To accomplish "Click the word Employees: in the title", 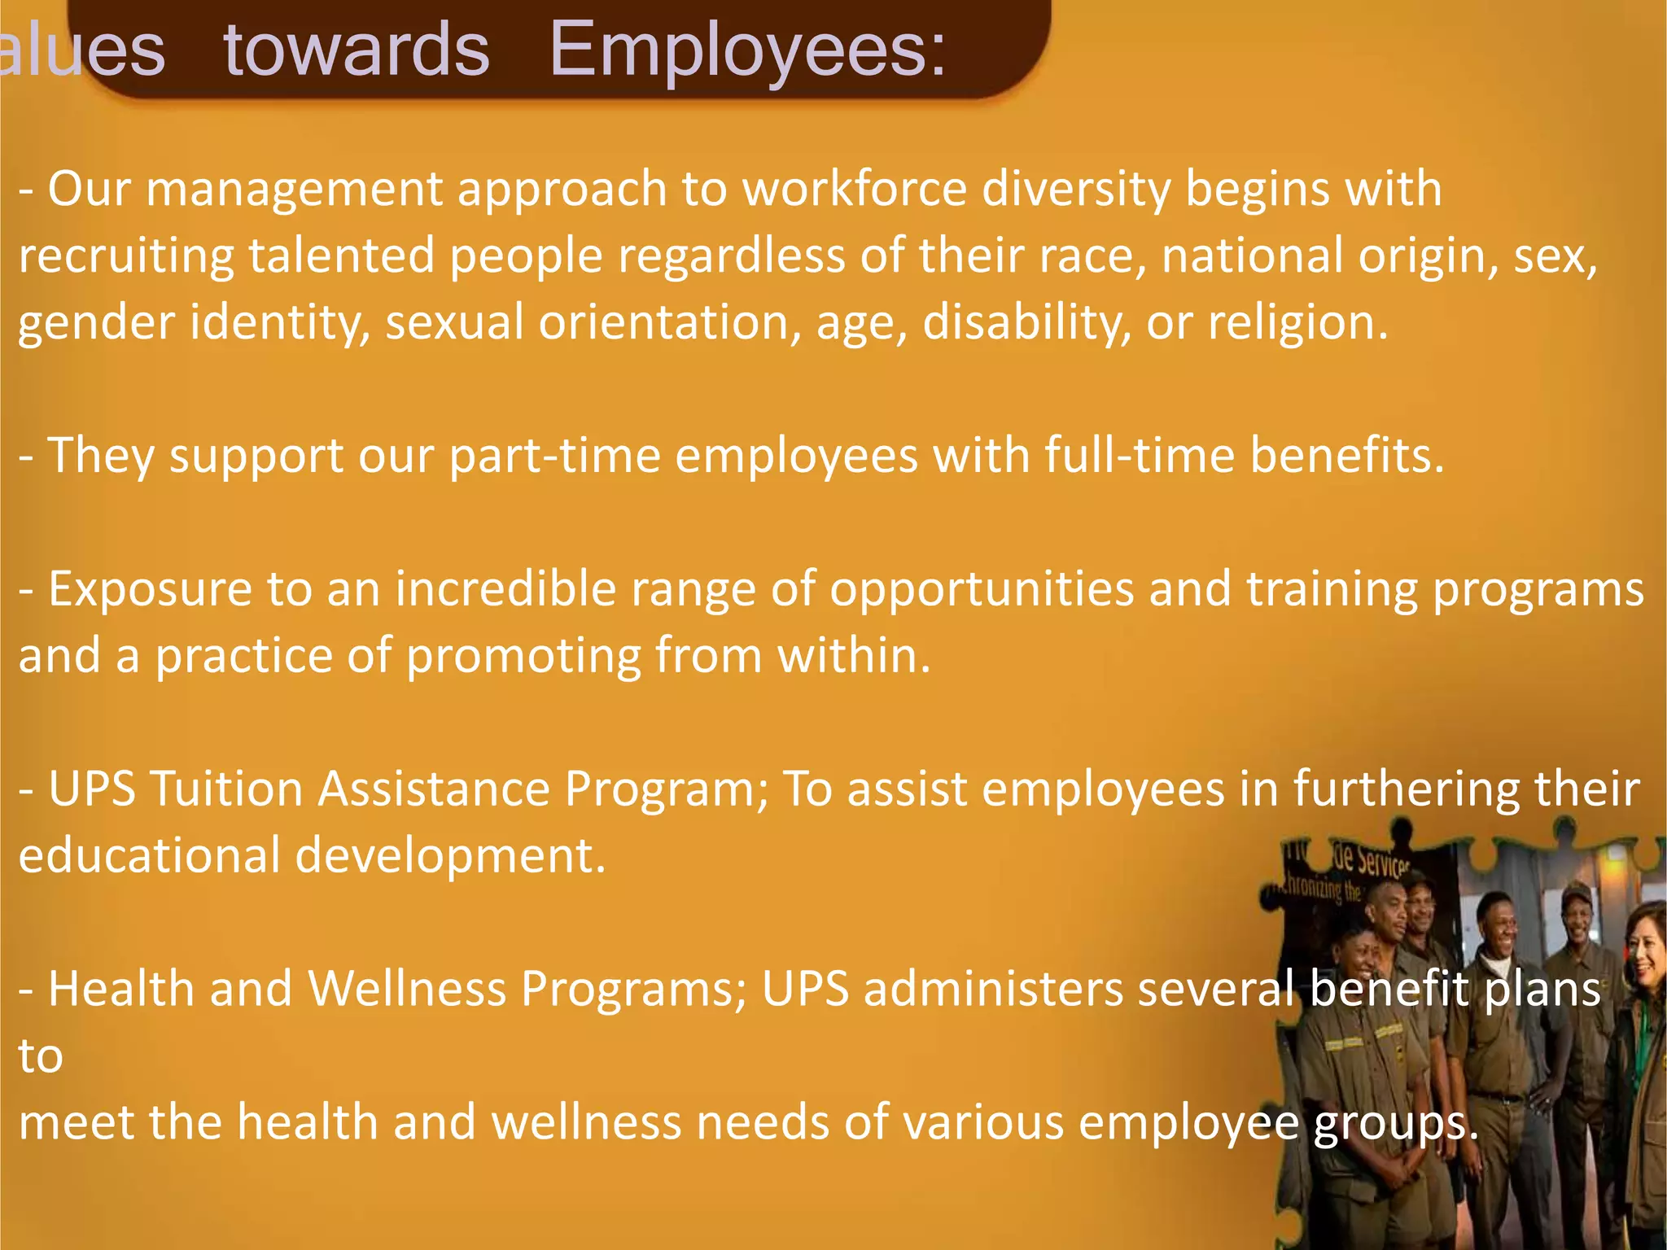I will point(747,50).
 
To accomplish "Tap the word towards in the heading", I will point(357,50).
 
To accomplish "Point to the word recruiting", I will point(126,256).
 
